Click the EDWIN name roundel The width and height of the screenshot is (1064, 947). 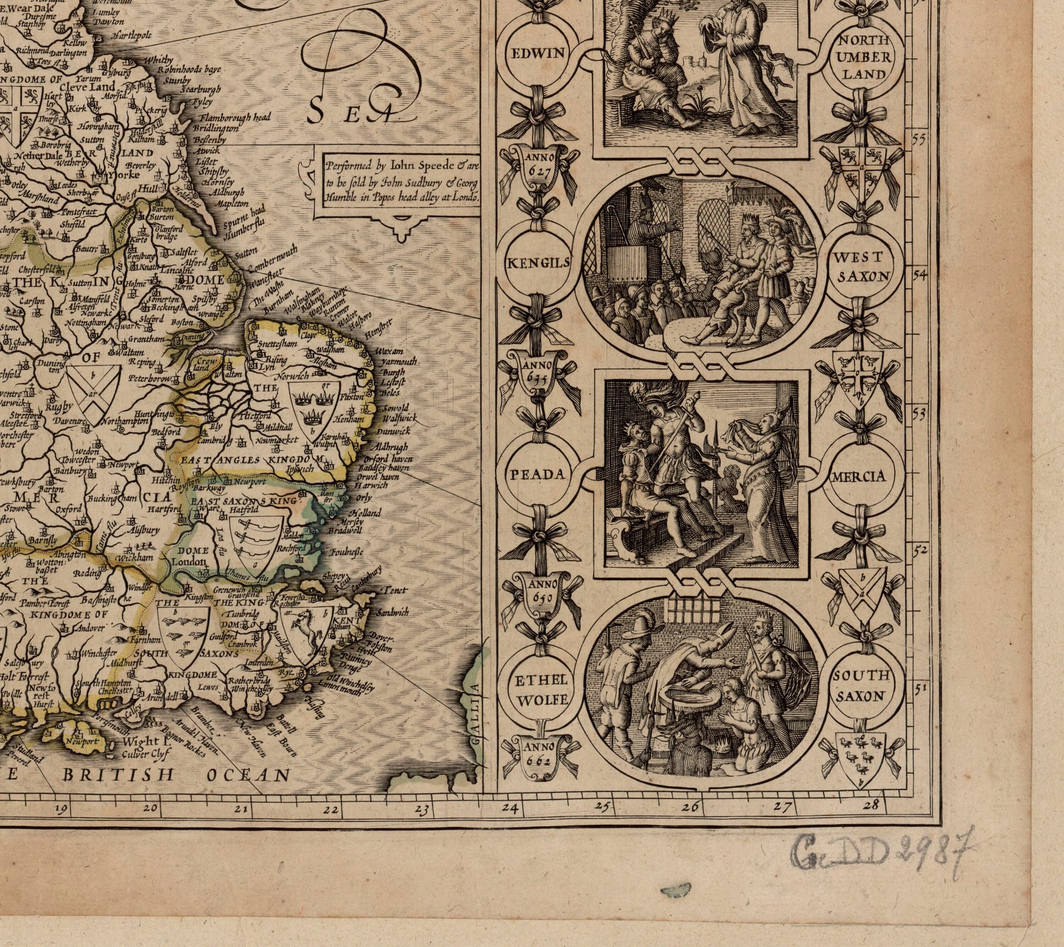tap(533, 52)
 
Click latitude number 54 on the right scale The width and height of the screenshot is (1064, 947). tap(920, 275)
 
